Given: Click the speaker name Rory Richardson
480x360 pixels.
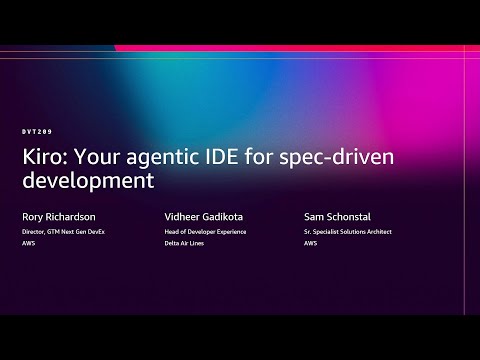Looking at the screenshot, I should [61, 215].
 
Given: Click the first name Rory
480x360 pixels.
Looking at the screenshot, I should [32, 215].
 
